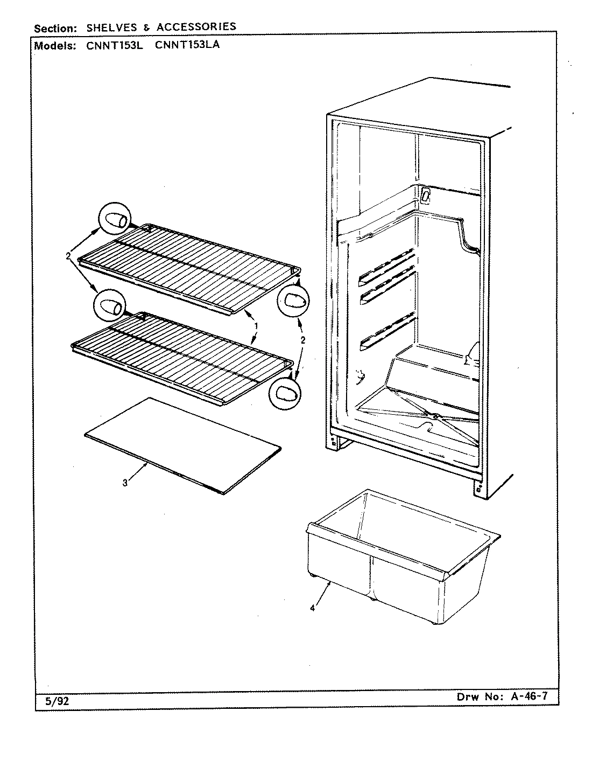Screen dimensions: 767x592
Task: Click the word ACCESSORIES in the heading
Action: tap(196, 26)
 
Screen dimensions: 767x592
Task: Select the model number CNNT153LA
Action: tap(187, 45)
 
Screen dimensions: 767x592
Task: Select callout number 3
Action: tap(125, 483)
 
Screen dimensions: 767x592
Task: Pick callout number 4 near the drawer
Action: tap(312, 608)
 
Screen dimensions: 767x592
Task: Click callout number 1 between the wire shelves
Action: tap(256, 326)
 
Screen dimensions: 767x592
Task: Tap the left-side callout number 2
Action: tap(68, 257)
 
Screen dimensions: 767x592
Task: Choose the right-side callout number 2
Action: tap(302, 340)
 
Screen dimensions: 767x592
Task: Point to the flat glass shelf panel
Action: tap(183, 444)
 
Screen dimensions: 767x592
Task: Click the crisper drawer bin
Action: tap(398, 560)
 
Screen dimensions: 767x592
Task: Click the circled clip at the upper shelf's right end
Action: tap(293, 300)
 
